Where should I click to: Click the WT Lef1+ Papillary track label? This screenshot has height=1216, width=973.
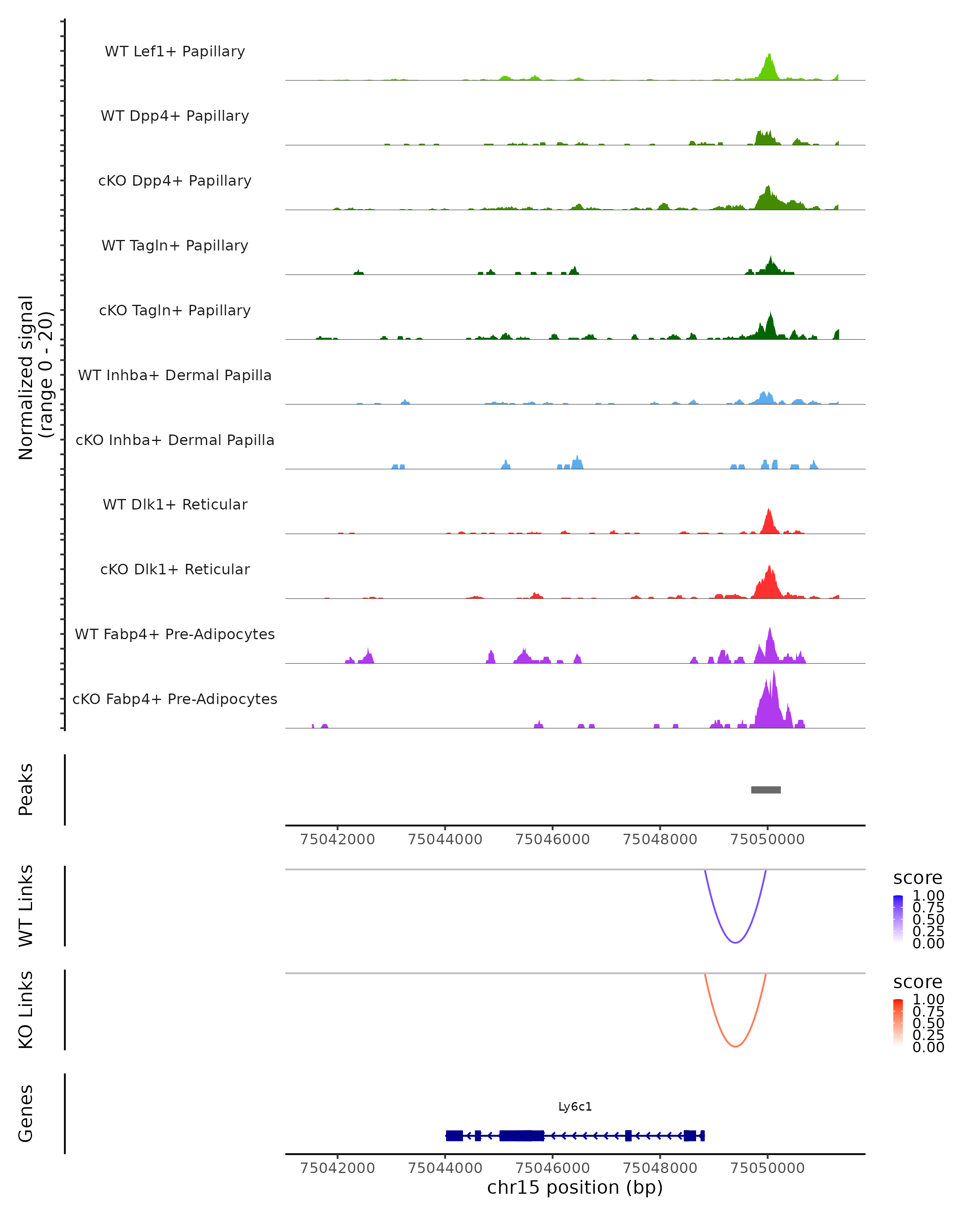pos(175,51)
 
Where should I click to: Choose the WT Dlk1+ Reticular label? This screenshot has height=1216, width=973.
pos(175,504)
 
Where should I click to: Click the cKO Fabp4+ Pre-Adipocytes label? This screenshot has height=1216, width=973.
pos(175,699)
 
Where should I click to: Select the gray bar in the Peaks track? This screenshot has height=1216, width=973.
pos(765,790)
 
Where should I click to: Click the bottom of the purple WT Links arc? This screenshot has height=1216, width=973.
pos(735,942)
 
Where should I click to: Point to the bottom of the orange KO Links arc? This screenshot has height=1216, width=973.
pos(735,1046)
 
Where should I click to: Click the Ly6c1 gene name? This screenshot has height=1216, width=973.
pos(575,1107)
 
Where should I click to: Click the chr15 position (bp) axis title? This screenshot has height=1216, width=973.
pos(575,1188)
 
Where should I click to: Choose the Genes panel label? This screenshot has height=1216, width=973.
pos(26,1113)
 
